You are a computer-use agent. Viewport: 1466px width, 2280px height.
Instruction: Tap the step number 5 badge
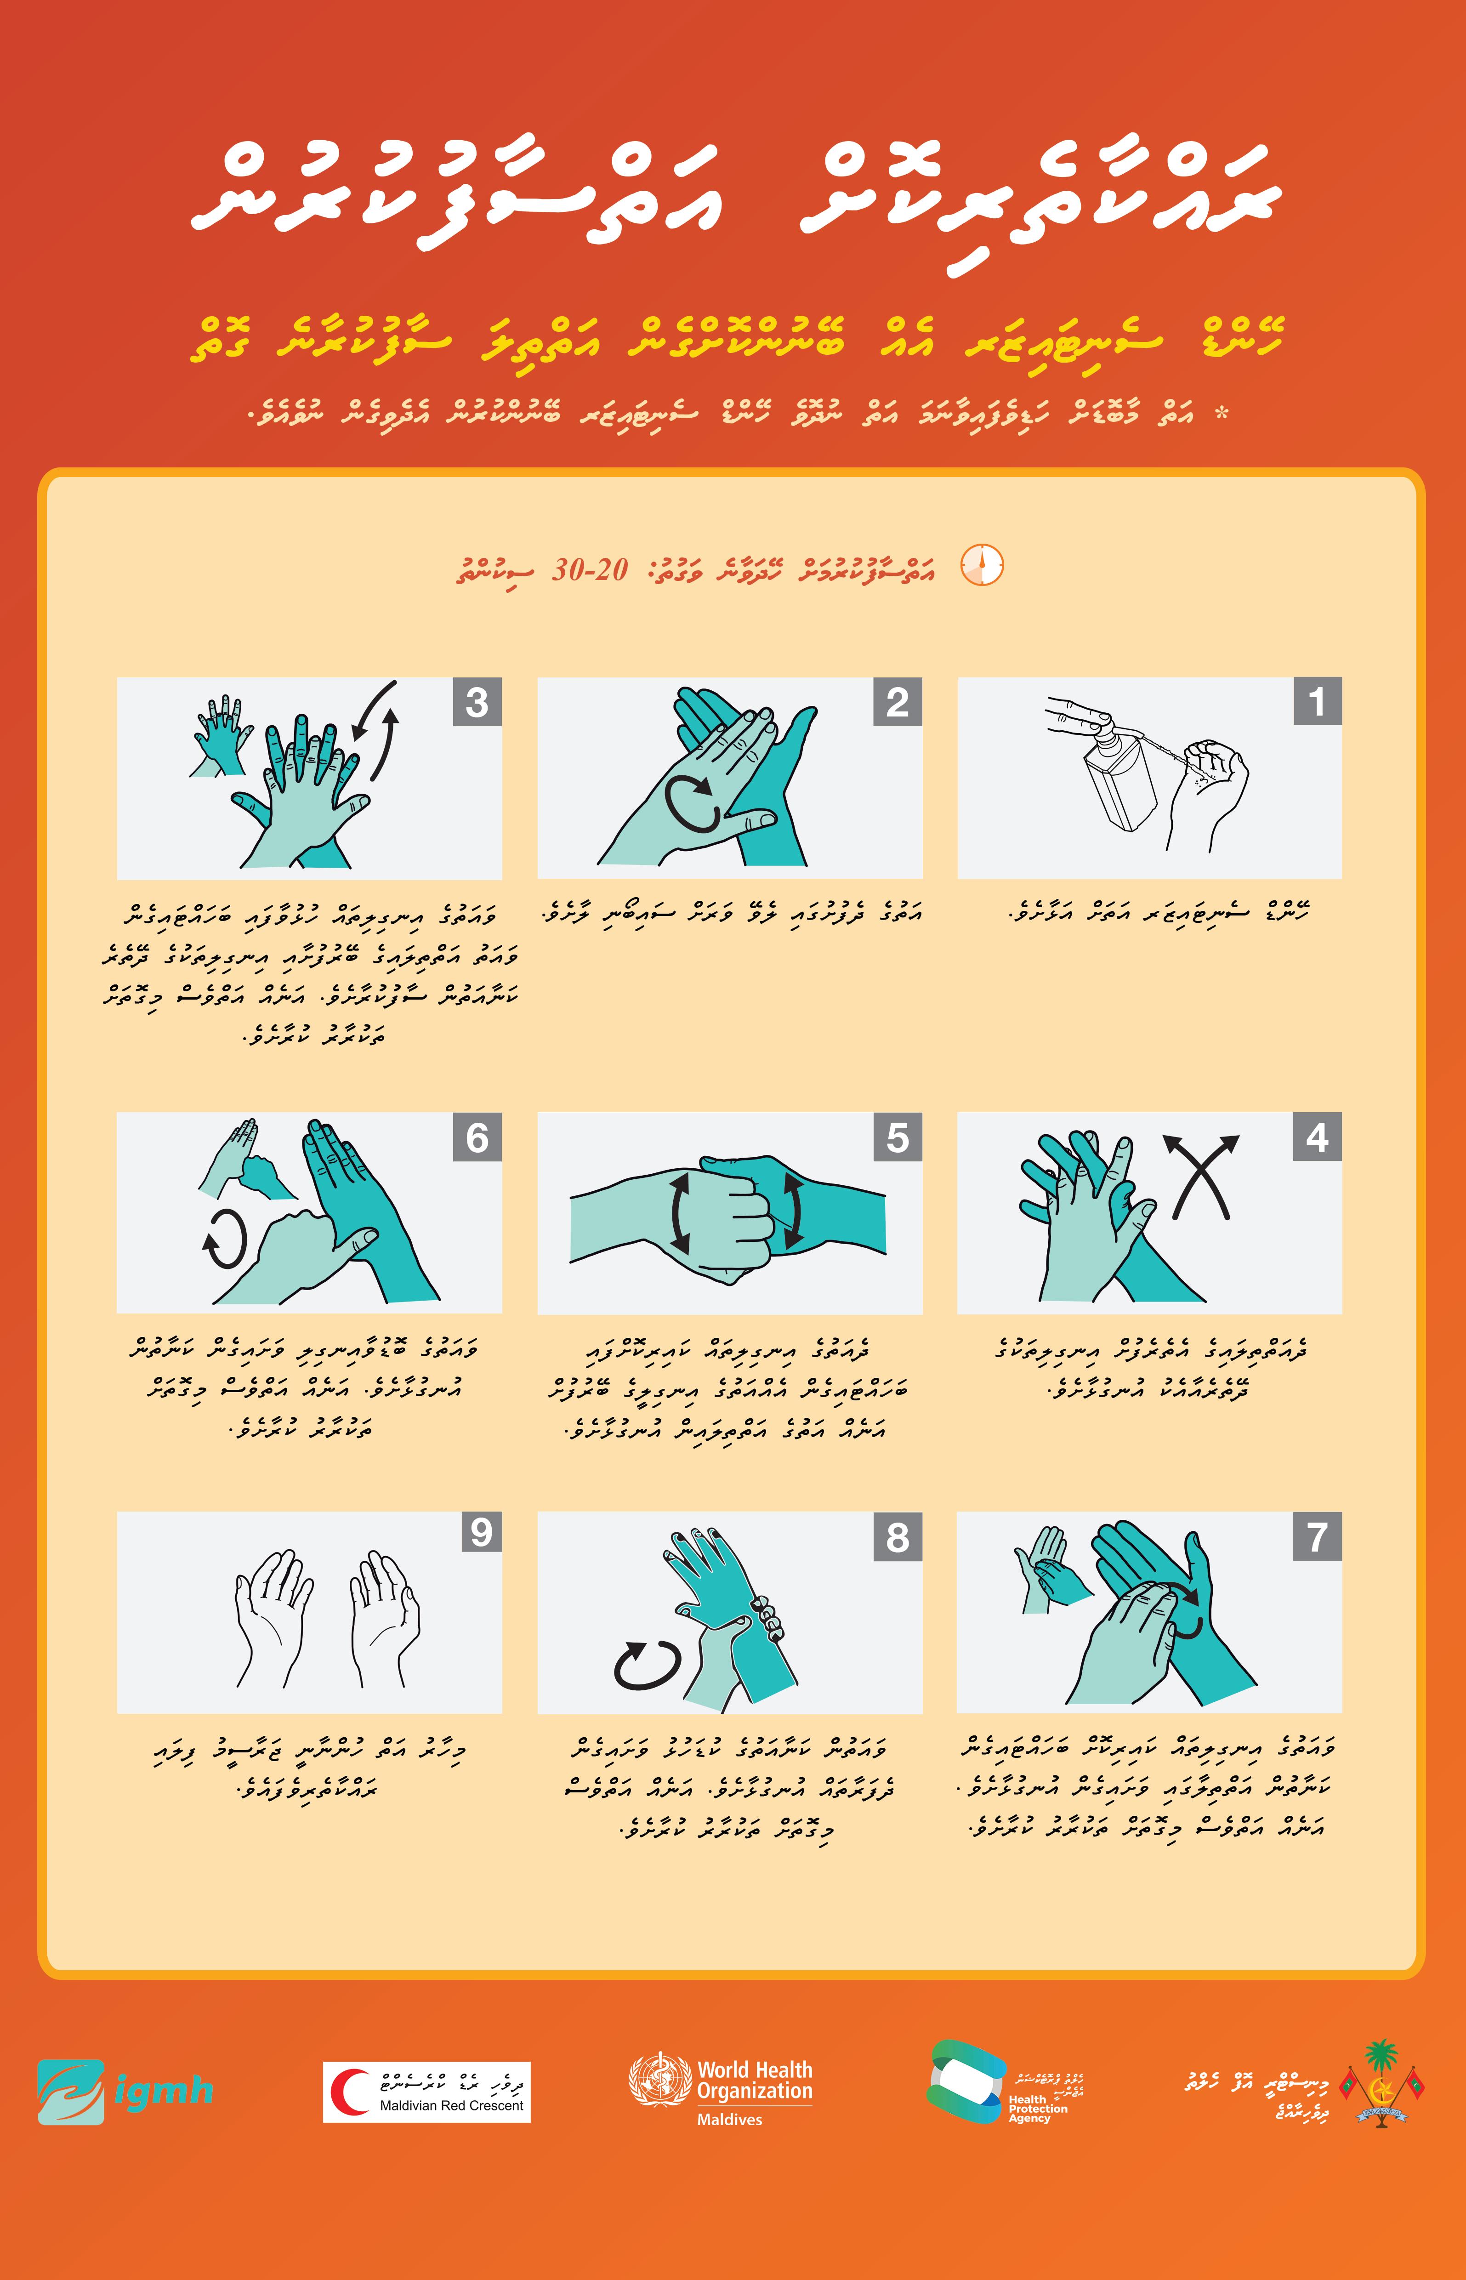click(898, 1137)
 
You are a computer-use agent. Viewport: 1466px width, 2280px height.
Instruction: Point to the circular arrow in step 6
click(226, 1239)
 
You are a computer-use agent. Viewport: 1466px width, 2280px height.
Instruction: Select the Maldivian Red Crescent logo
click(426, 2092)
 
